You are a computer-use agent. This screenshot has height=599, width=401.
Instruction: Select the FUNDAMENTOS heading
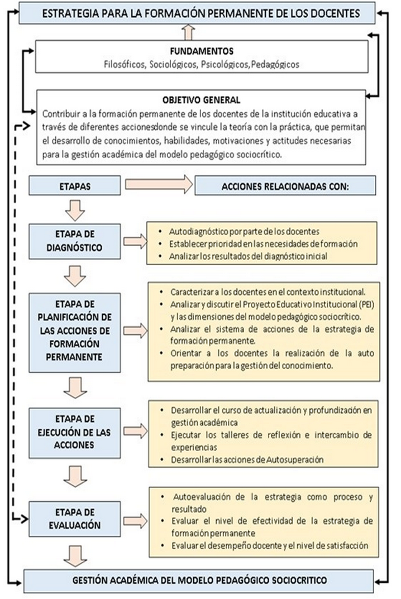202,50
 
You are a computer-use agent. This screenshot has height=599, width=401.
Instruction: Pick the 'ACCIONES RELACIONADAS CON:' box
285,186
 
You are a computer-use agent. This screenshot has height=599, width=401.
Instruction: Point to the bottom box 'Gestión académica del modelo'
199,579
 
